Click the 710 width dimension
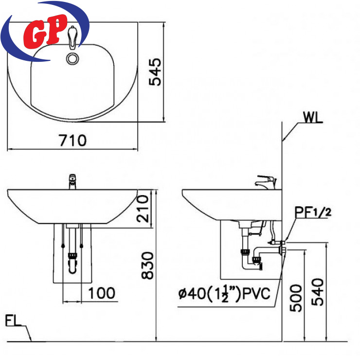72,140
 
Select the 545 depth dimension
155,72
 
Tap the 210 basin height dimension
143,209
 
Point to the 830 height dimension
147,266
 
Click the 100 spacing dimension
102,293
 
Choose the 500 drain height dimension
295,298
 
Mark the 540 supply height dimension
317,292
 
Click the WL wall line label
312,117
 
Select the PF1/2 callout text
313,213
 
